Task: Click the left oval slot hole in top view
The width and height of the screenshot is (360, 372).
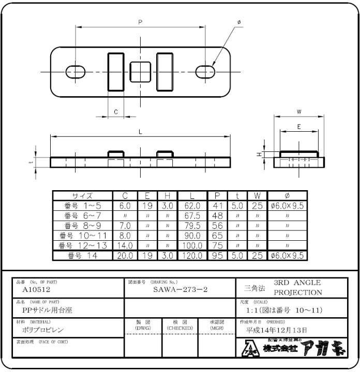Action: click(76, 71)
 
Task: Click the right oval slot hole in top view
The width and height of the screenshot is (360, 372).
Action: click(205, 71)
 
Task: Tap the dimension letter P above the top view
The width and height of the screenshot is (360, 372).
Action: click(140, 22)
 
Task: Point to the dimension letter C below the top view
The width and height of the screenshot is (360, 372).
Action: click(116, 112)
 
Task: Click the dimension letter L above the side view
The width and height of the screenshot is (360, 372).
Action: click(140, 132)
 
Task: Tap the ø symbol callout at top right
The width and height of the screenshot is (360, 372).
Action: click(239, 22)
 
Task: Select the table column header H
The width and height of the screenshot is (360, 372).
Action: click(167, 196)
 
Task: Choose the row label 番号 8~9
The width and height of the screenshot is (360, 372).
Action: click(83, 225)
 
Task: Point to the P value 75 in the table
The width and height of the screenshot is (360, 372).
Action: click(217, 245)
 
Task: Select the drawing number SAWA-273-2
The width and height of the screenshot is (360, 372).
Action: click(180, 290)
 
